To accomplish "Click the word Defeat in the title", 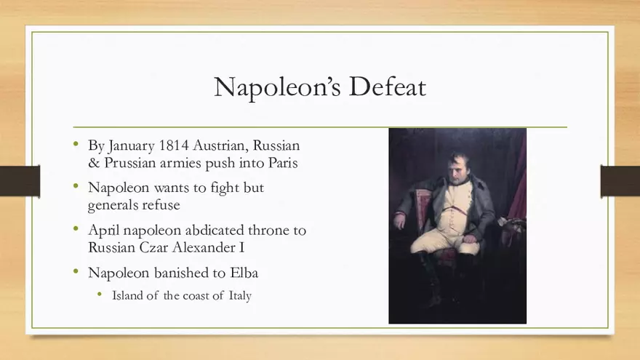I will (388, 87).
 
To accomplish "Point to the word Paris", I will (281, 163).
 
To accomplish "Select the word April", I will (103, 230).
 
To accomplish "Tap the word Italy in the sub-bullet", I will (239, 296).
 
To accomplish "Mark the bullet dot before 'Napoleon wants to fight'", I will (76, 187).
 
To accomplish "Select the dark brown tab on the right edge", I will (620, 180).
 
